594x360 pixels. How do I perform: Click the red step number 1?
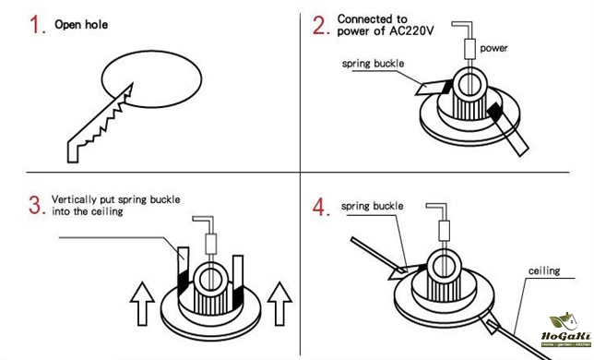[36, 25]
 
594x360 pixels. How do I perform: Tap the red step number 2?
[320, 26]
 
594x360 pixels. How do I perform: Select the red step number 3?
[36, 205]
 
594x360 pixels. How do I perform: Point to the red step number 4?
[320, 208]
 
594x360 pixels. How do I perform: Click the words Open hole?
[81, 25]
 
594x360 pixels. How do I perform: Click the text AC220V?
[411, 30]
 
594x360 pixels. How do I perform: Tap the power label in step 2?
[493, 49]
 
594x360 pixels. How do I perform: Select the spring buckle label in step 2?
[373, 64]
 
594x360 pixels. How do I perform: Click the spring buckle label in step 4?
[372, 206]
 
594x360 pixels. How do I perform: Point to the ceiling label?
[544, 270]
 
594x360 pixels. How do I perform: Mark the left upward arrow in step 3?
[142, 304]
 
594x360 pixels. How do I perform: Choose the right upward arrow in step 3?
[279, 304]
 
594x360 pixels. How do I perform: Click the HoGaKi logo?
[565, 330]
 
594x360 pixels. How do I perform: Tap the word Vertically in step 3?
[74, 199]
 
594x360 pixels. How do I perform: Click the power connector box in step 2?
[469, 49]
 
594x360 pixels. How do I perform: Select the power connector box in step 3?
[210, 244]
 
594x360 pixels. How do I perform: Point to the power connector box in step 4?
[444, 231]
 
